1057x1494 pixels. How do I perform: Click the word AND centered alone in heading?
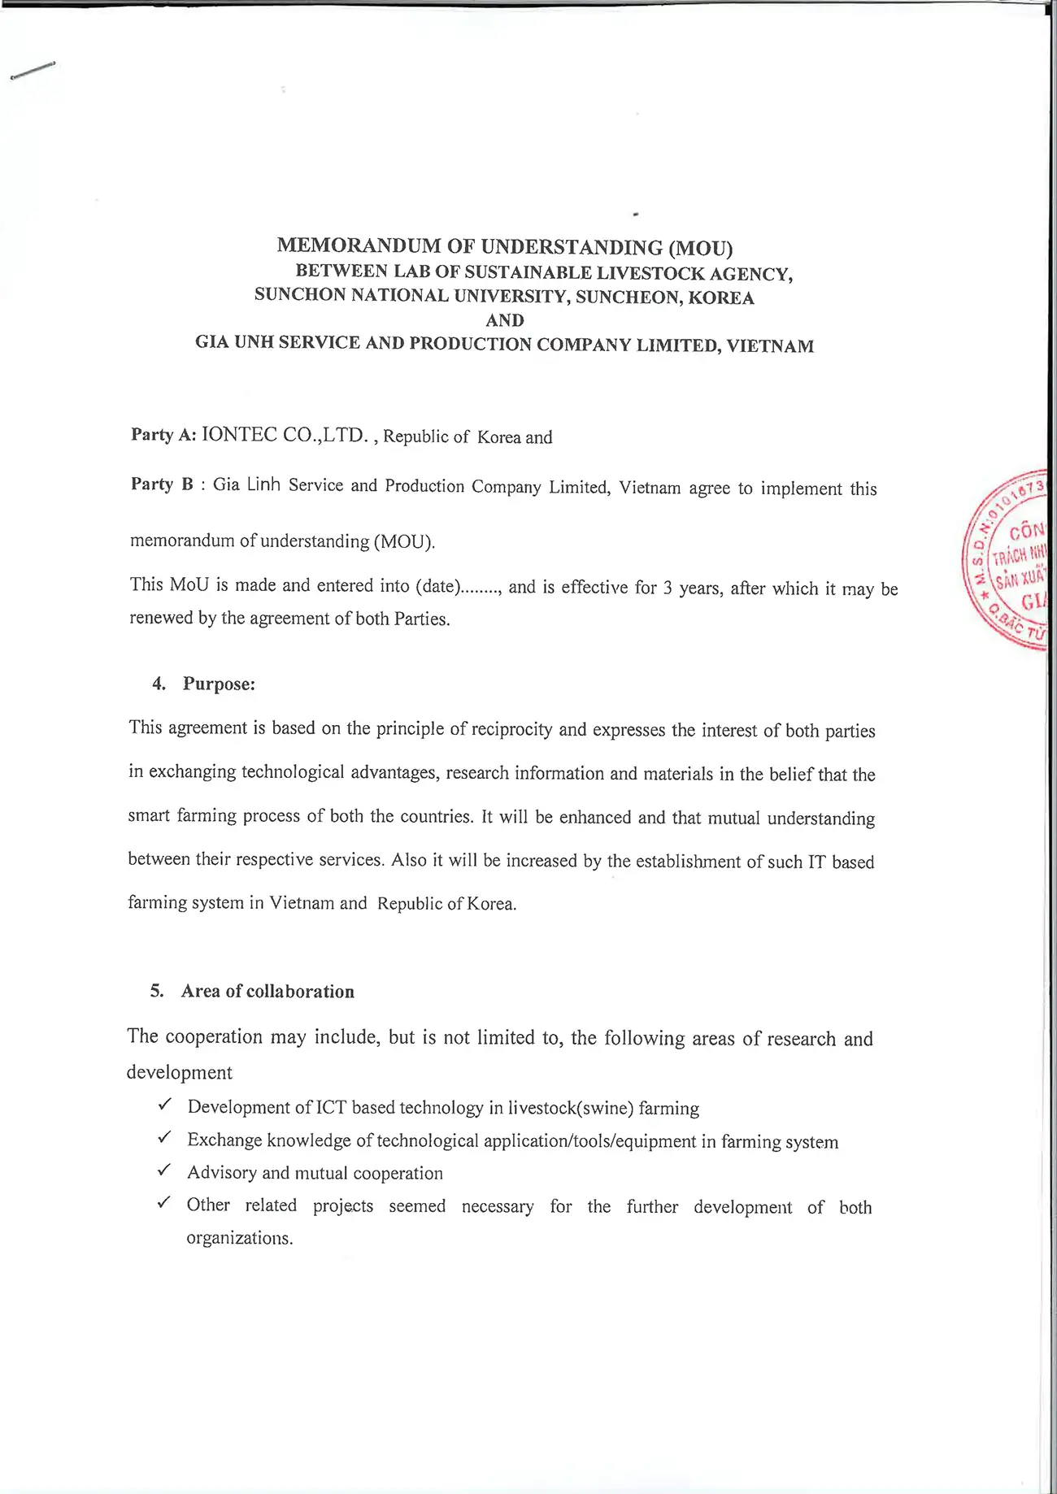pos(505,320)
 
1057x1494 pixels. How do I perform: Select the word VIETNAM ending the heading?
pos(770,346)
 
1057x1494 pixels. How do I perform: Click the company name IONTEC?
pos(239,435)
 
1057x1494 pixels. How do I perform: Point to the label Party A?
pos(163,435)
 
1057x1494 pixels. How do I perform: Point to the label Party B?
pos(163,484)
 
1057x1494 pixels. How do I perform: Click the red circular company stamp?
pos(1008,561)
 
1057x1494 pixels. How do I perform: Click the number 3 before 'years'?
pos(668,588)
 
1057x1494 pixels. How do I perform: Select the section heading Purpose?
pos(219,684)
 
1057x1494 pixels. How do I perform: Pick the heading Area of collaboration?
pos(268,992)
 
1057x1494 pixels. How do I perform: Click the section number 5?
pos(157,991)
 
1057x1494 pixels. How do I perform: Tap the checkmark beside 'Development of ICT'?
pos(164,1105)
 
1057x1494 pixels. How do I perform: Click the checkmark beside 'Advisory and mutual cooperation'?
pos(164,1170)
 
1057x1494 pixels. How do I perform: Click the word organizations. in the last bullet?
pos(239,1239)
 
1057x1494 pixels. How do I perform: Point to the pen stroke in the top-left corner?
pos(33,71)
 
